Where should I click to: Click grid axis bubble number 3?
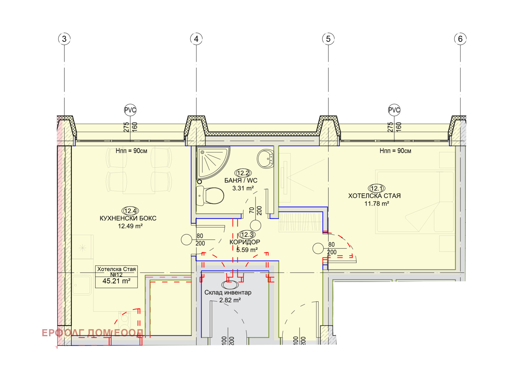coord(64,39)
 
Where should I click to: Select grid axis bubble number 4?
coord(196,39)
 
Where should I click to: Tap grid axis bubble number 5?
coord(328,39)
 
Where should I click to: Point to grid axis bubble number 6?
coord(460,39)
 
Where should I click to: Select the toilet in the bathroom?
coord(210,196)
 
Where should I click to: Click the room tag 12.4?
coord(130,211)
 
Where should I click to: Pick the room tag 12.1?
coord(376,188)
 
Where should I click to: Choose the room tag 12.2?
coord(243,173)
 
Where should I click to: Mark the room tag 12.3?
coord(247,234)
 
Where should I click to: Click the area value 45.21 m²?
coord(116,281)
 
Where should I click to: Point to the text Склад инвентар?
coord(228,292)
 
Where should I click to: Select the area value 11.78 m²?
coord(377,203)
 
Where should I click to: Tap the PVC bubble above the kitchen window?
coord(130,110)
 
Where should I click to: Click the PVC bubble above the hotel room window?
coord(394,110)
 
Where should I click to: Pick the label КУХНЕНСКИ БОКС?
coord(128,218)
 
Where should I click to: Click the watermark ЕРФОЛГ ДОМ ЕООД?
coord(92,333)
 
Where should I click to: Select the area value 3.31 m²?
coord(243,188)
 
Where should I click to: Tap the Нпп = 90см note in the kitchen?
coord(132,151)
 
